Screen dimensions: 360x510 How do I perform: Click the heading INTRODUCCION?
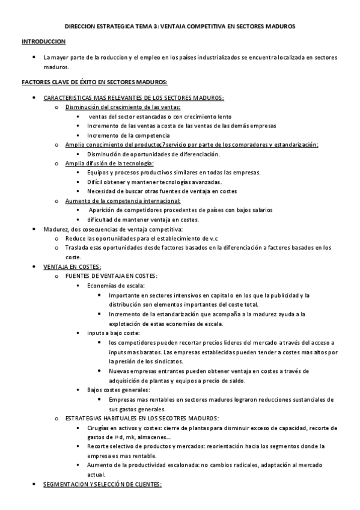[44, 42]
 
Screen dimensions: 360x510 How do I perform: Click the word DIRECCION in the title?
[84, 26]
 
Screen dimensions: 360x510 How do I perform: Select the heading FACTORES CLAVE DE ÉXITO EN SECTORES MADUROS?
[94, 82]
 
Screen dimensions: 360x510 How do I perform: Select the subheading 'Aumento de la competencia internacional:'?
[123, 200]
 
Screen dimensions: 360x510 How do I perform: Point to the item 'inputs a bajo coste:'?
[113, 333]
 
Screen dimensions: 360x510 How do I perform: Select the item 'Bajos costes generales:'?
[118, 390]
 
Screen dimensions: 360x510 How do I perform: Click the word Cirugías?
[99, 427]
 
